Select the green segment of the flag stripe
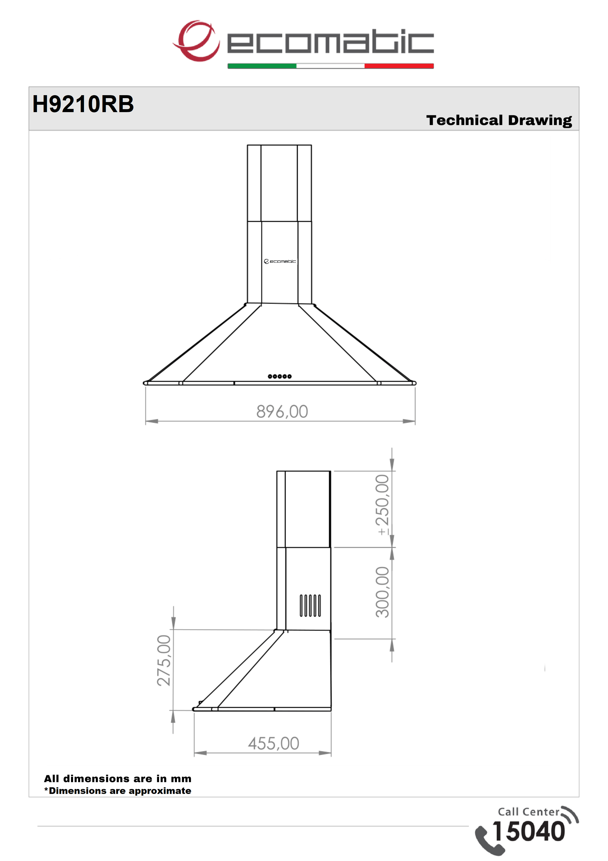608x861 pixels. tap(262, 66)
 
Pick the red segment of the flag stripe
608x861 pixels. tap(399, 66)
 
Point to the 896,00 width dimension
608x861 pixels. tap(282, 411)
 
